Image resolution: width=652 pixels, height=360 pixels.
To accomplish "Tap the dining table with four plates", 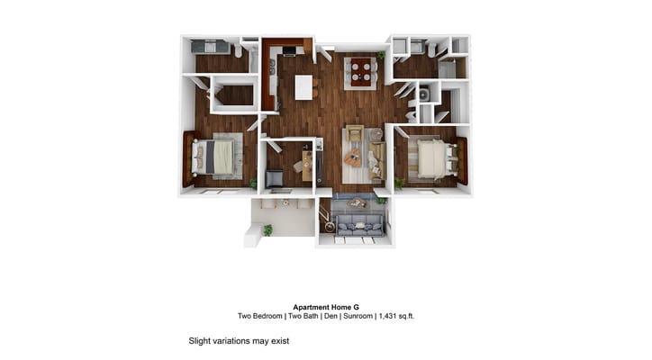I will (x=362, y=71).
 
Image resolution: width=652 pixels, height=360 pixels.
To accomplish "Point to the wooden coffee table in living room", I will (x=353, y=157).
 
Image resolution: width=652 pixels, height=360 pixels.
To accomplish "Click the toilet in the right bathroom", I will (x=432, y=50).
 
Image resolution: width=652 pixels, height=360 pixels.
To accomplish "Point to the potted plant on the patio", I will (x=267, y=230).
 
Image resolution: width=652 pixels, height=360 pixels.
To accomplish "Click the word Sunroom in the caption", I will (x=349, y=316).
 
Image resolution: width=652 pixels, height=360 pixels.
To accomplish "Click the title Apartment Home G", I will (x=325, y=306).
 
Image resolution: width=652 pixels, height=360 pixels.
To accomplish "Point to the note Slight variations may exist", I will (x=238, y=341).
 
